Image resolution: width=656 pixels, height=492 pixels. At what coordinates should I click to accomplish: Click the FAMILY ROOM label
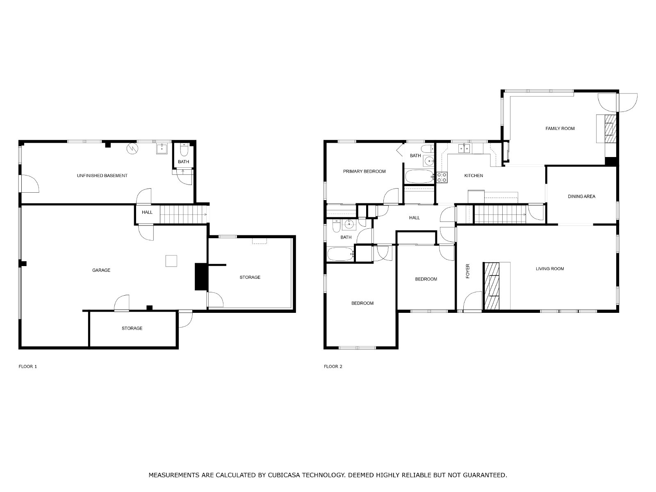tap(560, 128)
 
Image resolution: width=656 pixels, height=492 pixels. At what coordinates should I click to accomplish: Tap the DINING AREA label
tap(581, 196)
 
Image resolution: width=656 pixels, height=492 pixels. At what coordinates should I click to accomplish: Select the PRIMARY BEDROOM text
tap(364, 171)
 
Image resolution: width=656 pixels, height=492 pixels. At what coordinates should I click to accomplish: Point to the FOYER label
tap(468, 271)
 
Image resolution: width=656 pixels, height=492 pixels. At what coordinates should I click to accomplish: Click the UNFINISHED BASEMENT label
tap(102, 175)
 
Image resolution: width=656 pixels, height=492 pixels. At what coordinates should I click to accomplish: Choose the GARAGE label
tap(101, 270)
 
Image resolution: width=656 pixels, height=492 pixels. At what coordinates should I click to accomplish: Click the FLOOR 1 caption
tap(28, 367)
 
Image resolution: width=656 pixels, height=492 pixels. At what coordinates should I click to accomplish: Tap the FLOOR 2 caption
tap(333, 367)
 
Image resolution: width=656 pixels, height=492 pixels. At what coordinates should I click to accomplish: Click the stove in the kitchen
tap(442, 177)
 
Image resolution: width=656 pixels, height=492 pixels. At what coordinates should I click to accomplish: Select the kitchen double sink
tap(464, 148)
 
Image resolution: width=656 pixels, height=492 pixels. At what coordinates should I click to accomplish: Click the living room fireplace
tap(492, 286)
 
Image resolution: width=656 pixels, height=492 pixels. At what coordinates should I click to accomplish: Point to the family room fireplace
tap(610, 129)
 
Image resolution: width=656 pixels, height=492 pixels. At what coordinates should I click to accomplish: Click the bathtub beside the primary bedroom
tap(419, 177)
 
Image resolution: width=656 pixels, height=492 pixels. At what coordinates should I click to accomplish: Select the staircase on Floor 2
tap(500, 214)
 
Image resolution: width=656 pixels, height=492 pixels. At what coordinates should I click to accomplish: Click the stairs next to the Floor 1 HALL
tap(184, 214)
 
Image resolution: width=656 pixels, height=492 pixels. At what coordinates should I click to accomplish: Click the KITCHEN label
tap(474, 175)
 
